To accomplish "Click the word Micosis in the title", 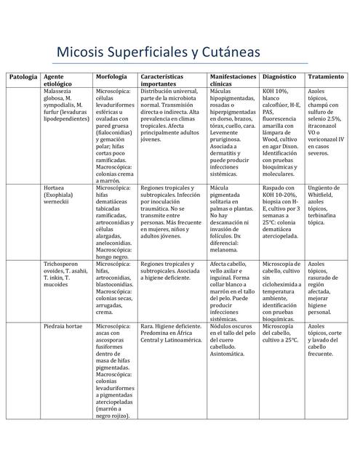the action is [x=78, y=53].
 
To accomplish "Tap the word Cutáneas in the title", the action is [x=223, y=53].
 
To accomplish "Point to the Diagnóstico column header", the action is [x=279, y=76].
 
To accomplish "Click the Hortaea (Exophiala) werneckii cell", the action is [x=64, y=195].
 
